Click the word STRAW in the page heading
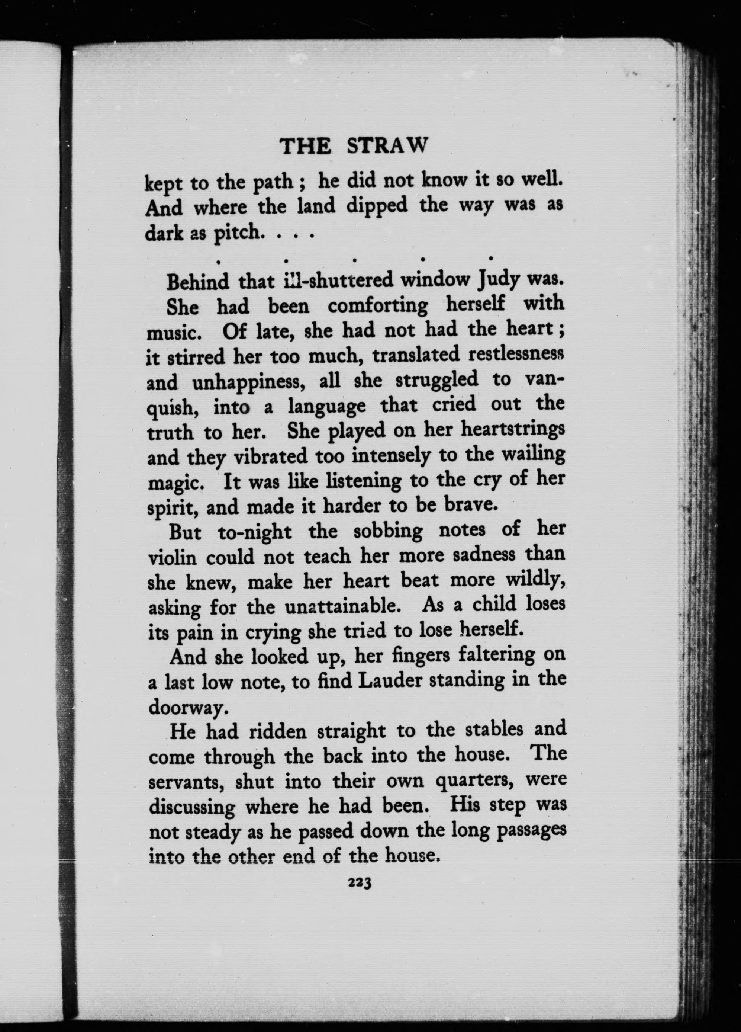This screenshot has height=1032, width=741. [x=387, y=147]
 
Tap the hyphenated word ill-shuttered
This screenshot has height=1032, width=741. [x=336, y=281]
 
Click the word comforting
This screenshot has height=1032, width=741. [x=377, y=306]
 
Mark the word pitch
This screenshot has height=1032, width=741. [x=238, y=233]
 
